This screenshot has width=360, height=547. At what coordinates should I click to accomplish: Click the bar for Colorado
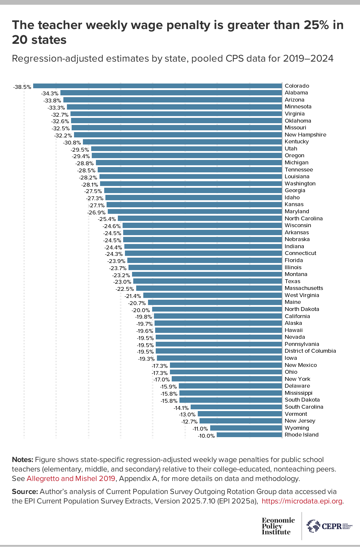pyautogui.click(x=157, y=86)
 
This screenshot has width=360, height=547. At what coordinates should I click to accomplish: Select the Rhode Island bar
pyautogui.click(x=249, y=435)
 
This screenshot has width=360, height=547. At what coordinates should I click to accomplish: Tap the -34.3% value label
pyautogui.click(x=49, y=93)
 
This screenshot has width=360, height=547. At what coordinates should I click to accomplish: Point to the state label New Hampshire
pyautogui.click(x=305, y=135)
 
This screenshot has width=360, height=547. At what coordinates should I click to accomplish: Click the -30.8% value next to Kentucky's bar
pyautogui.click(x=72, y=142)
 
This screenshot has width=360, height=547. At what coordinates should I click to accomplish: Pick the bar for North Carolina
pyautogui.click(x=200, y=219)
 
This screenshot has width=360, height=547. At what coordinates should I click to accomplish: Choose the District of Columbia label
pyautogui.click(x=310, y=351)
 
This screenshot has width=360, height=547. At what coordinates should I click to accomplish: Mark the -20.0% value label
pyautogui.click(x=141, y=310)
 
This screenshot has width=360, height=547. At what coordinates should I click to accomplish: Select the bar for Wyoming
pyautogui.click(x=246, y=428)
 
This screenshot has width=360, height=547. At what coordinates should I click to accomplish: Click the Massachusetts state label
pyautogui.click(x=304, y=288)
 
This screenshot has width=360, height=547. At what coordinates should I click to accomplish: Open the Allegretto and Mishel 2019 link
pyautogui.click(x=71, y=479)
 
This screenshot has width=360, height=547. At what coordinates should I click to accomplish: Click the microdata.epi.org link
pyautogui.click(x=303, y=501)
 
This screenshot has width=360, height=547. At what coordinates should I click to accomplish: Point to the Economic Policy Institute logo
pyautogui.click(x=278, y=526)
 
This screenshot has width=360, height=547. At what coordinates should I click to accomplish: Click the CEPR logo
pyautogui.click(x=329, y=526)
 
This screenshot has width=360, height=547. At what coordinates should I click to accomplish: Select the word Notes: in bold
pyautogui.click(x=22, y=460)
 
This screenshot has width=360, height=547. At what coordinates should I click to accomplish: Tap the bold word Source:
pyautogui.click(x=25, y=492)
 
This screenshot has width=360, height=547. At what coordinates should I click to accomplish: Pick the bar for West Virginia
pyautogui.click(x=212, y=295)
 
